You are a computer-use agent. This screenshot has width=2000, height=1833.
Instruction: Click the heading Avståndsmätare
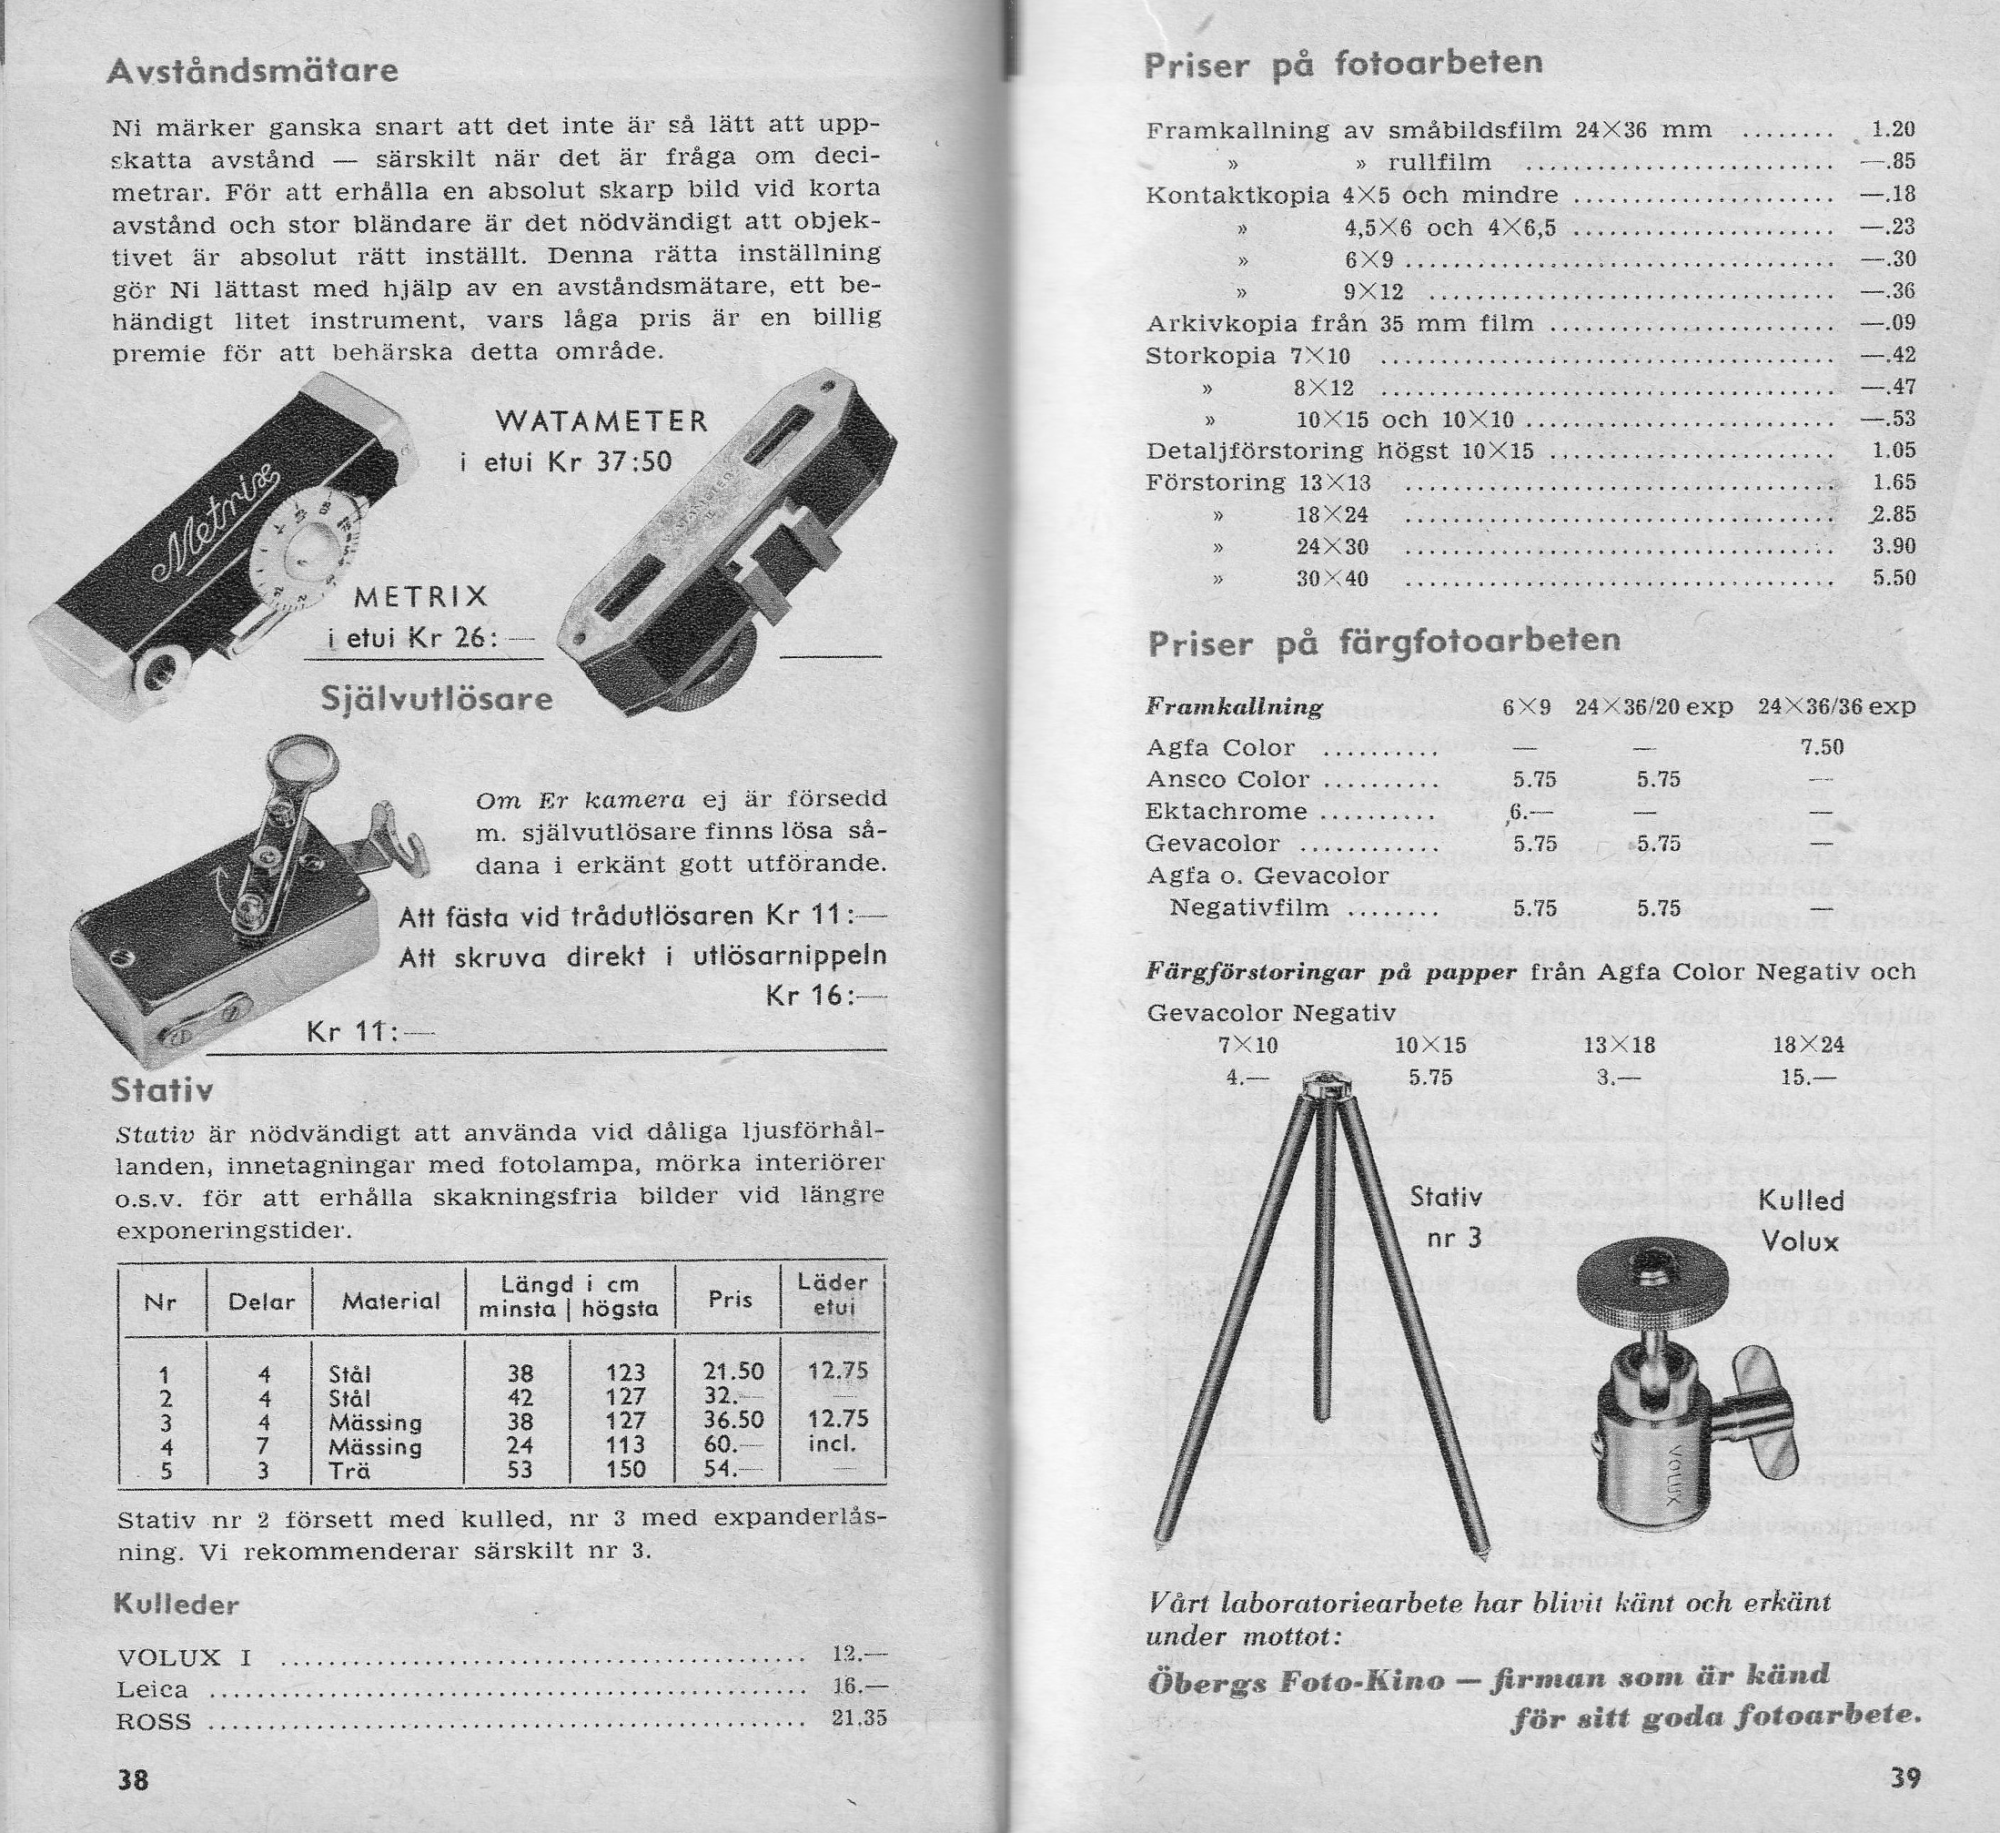[252, 70]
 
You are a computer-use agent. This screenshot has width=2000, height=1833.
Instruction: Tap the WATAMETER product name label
[601, 421]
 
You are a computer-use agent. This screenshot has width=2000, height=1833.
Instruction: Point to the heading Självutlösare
[437, 700]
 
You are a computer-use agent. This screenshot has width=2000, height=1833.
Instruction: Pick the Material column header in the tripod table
[389, 1301]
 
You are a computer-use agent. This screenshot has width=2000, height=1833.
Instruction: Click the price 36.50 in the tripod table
[733, 1421]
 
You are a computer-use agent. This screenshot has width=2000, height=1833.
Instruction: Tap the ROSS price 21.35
[859, 1718]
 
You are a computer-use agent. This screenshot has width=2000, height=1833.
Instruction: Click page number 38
[133, 1779]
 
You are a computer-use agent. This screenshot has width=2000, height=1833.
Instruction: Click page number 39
[1904, 1777]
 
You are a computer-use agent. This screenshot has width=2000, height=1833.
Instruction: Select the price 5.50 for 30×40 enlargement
[1893, 578]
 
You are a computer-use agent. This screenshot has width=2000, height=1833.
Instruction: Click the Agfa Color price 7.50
[1822, 747]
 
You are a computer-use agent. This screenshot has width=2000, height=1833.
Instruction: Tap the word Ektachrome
[1227, 811]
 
